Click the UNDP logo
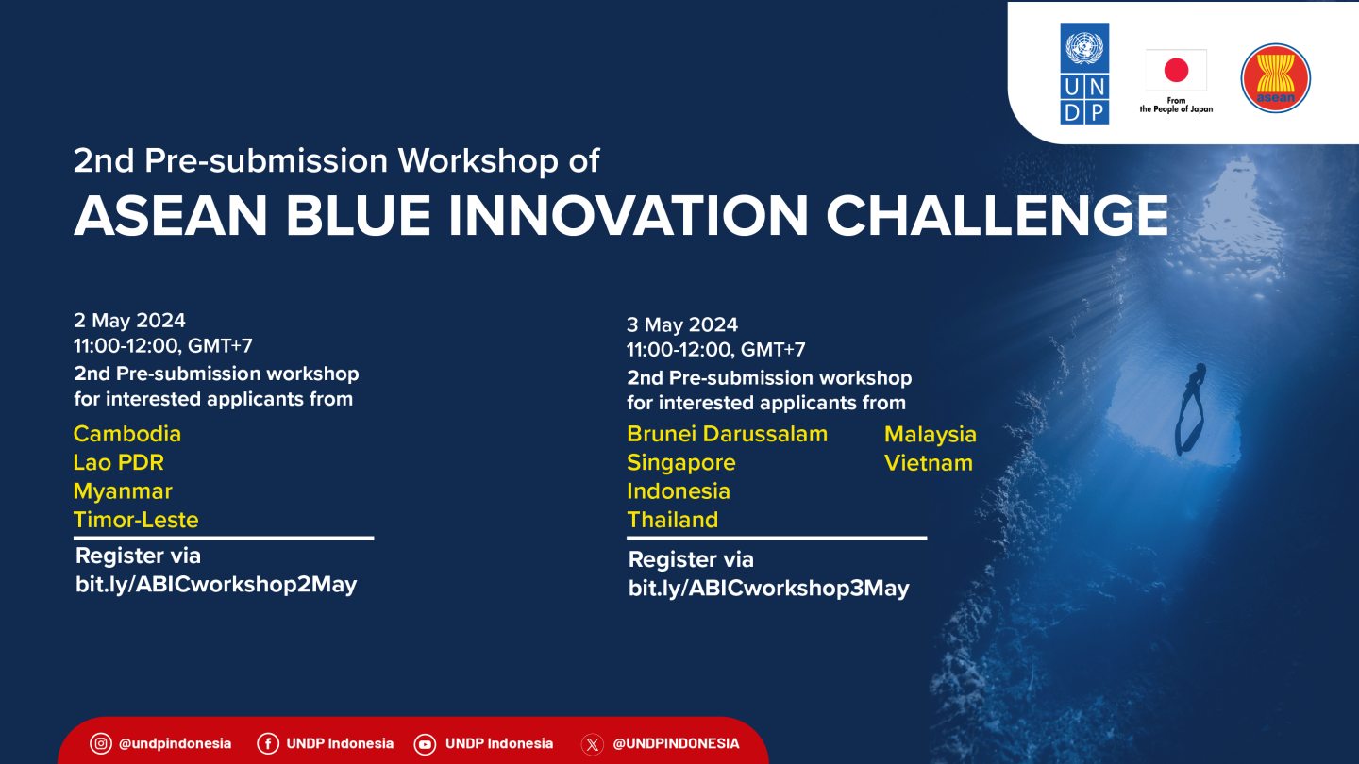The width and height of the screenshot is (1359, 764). coord(1084,74)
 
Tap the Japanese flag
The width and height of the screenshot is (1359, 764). coord(1176,71)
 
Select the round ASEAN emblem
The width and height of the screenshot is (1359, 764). coord(1275,78)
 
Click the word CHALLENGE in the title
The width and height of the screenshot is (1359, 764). coord(997,215)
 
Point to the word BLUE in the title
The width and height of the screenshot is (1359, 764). coord(358,215)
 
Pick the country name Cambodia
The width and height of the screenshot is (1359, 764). coord(126,434)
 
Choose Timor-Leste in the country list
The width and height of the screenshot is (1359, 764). coord(136,520)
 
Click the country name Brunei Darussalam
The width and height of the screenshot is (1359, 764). coord(727,434)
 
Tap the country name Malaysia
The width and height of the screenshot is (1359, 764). coord(931,435)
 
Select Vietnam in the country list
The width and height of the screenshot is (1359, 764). coord(929,463)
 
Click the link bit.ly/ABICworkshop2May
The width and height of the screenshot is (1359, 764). coord(216,585)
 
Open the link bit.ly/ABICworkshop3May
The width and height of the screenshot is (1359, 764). coord(768,589)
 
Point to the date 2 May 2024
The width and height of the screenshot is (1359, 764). coord(129,320)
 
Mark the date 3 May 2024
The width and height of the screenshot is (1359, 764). coord(682,324)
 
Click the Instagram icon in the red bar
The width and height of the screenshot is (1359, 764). coord(101,743)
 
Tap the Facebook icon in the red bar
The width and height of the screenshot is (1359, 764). coord(268,743)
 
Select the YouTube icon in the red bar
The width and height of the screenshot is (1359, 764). coord(425,744)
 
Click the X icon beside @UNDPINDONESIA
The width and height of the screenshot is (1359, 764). coord(592,744)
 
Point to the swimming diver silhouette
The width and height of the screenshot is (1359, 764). coord(1189,409)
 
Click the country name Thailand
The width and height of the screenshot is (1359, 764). coord(672,520)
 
